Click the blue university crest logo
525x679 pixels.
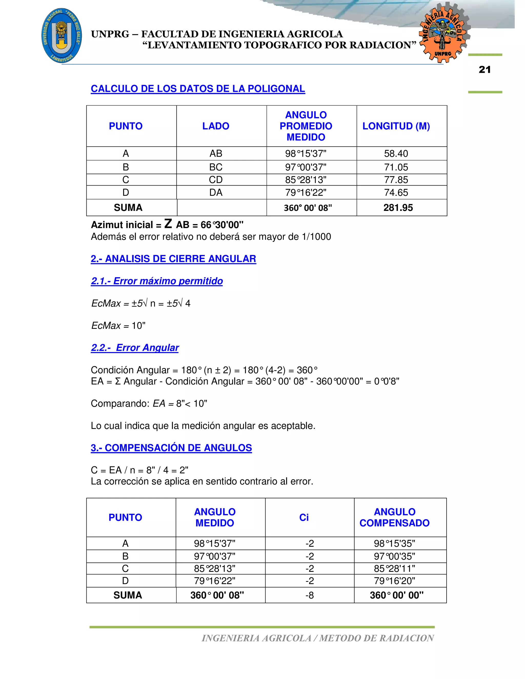coord(62,35)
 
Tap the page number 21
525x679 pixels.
coord(484,70)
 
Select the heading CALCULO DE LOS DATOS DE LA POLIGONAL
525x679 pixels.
coord(198,89)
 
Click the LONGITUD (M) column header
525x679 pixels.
coord(396,126)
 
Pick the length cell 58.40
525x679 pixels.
coord(396,153)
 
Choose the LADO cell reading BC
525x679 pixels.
coord(216,167)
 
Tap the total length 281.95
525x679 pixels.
coord(398,208)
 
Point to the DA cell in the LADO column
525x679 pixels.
coord(216,193)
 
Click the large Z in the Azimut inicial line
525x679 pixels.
coord(168,224)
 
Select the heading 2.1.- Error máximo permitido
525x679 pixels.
coord(157,281)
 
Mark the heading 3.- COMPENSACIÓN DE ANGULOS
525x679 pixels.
coord(171,448)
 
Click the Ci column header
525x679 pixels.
coord(304,518)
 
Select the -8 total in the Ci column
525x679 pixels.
coord(309,595)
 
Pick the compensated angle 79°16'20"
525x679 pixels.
coord(394,581)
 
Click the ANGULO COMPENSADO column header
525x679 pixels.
coord(394,518)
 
